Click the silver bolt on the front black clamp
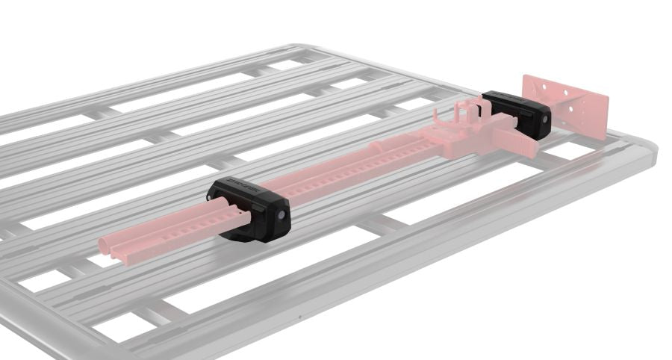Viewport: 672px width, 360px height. pyautogui.click(x=281, y=214)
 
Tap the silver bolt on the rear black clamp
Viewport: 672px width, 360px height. pyautogui.click(x=547, y=118)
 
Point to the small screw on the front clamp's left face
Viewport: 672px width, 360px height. pyautogui.click(x=211, y=197)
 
